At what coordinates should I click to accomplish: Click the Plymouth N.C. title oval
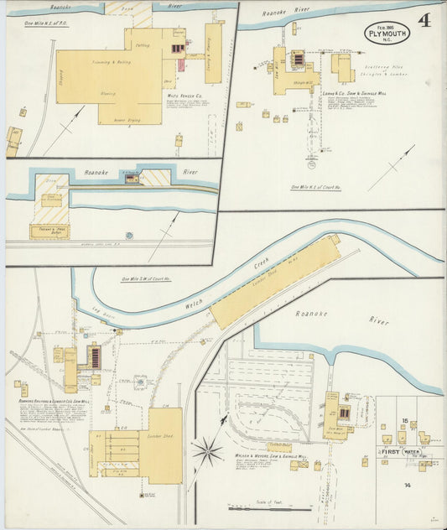tap(387, 33)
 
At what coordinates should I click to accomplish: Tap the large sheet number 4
tap(424, 21)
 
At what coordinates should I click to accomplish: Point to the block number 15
tap(405, 420)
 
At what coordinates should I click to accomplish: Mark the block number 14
tap(407, 485)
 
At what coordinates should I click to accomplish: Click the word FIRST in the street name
tap(389, 451)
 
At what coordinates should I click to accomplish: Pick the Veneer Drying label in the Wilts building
tap(118, 119)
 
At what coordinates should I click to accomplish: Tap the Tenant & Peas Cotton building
tap(49, 231)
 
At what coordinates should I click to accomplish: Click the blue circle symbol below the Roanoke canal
tap(129, 236)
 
